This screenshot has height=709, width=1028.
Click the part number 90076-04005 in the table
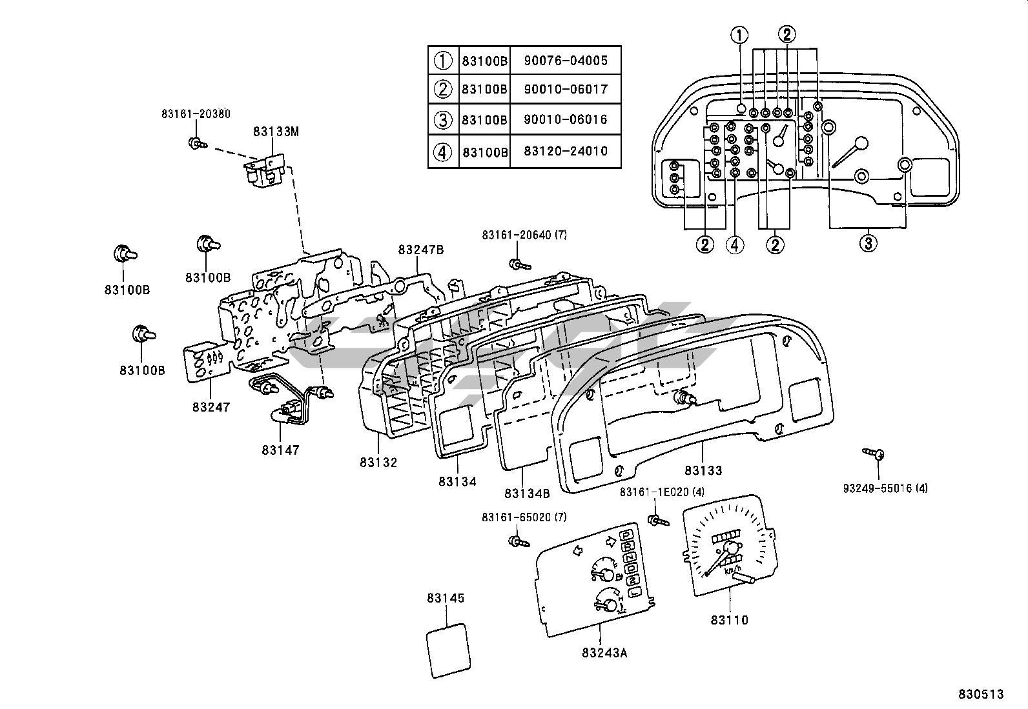pos(566,61)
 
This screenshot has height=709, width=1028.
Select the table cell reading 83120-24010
pos(566,152)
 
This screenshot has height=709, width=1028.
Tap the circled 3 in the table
pos(443,119)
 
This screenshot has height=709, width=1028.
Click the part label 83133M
pos(276,131)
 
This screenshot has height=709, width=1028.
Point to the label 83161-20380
pos(195,114)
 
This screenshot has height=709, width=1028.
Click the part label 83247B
pos(420,250)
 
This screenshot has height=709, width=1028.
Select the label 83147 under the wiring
pos(281,450)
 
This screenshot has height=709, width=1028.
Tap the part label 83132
pos(379,462)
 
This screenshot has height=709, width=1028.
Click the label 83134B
pos(527,494)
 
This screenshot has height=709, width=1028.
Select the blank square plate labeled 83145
pos(449,650)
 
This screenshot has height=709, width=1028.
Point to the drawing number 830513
pos(981,694)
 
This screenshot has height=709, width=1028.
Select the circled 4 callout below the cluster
pos(734,244)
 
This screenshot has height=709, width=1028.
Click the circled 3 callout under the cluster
pos(867,243)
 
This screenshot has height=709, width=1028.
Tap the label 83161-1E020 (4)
pos(662,492)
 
